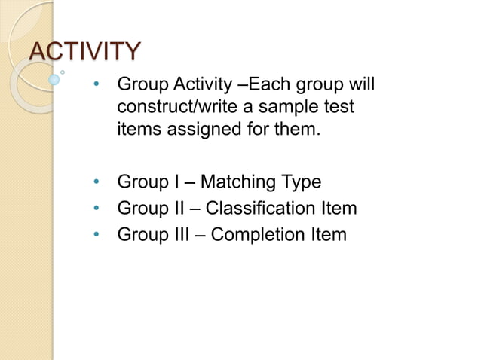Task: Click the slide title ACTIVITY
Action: (84, 52)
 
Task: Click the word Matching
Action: (240, 182)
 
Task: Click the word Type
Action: (302, 182)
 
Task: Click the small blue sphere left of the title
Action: (54, 78)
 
